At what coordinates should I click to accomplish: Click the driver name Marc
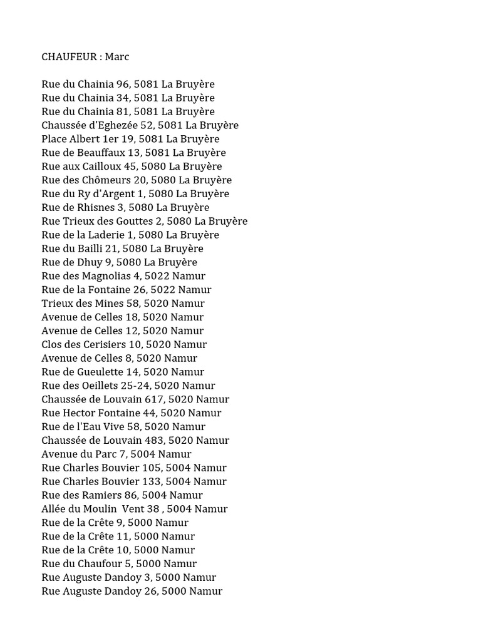[116, 56]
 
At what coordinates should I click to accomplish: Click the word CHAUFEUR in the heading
[68, 56]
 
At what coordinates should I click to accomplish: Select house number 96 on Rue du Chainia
[123, 84]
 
